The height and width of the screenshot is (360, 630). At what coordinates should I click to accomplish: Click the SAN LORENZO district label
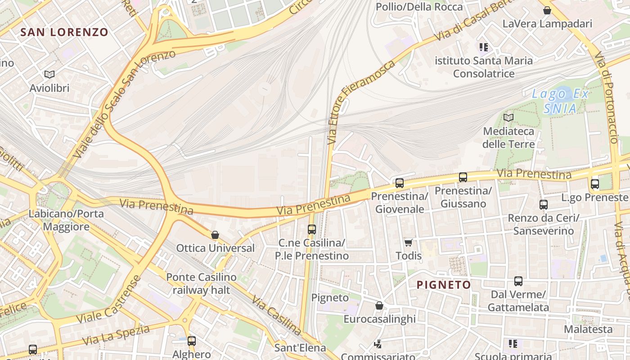tap(64, 32)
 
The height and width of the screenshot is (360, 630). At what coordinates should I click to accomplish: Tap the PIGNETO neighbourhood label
tap(444, 284)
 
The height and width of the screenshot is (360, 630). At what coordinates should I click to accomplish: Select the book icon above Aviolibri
tap(49, 74)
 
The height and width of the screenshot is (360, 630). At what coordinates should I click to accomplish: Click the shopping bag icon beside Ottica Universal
tap(215, 235)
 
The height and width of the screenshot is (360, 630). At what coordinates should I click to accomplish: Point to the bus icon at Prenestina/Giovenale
tap(400, 183)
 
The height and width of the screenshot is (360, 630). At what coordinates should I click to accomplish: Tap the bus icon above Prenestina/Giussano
tap(463, 177)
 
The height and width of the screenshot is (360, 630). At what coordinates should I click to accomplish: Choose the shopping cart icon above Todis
tap(408, 243)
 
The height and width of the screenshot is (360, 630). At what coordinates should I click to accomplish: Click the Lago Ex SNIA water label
tap(560, 101)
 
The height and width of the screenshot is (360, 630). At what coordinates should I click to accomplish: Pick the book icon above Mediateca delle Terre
tap(508, 118)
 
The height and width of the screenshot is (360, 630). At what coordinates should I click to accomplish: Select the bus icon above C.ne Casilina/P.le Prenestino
tap(312, 229)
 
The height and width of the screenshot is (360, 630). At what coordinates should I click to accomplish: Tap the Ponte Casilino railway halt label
tap(201, 283)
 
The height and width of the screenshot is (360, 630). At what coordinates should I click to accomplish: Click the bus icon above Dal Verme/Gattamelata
tap(518, 282)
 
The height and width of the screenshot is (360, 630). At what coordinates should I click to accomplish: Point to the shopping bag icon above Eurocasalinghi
tap(379, 306)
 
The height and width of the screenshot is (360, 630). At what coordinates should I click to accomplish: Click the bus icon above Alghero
tap(192, 341)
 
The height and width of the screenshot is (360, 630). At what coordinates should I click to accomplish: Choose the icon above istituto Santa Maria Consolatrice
tap(484, 47)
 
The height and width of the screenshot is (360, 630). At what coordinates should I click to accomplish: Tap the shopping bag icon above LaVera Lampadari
tap(547, 10)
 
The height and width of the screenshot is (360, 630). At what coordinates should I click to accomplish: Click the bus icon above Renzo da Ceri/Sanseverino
tap(544, 205)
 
